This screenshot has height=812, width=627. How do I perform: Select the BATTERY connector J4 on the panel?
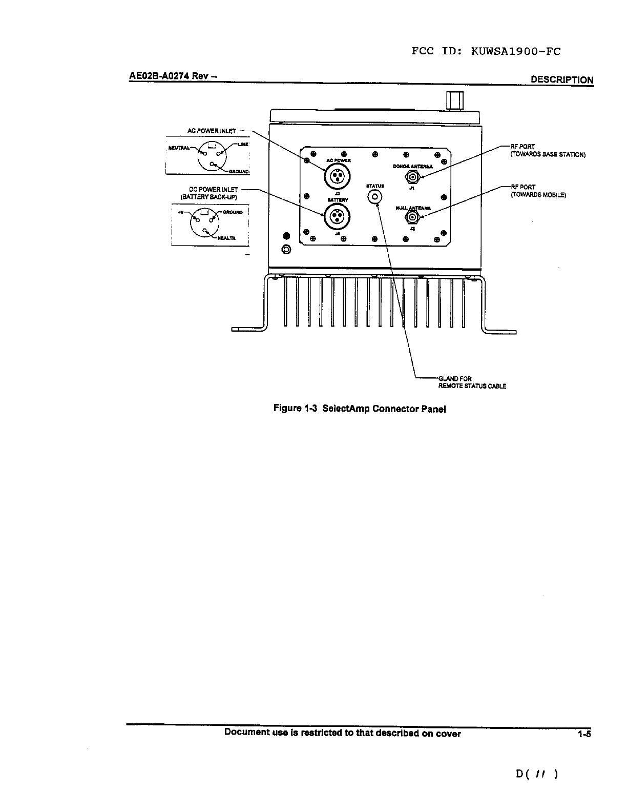point(336,216)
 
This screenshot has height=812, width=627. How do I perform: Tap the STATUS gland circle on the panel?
point(375,197)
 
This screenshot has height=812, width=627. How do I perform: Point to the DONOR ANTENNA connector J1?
point(412,177)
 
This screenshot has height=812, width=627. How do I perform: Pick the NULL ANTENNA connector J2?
point(412,217)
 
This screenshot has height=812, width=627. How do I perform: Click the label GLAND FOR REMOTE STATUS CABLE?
point(472,382)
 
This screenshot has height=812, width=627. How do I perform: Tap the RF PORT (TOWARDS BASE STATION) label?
point(547,150)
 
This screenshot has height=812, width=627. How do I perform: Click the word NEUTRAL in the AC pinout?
point(179,148)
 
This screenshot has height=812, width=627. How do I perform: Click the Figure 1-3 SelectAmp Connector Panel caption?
point(360,409)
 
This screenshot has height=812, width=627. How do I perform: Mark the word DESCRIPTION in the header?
point(562,80)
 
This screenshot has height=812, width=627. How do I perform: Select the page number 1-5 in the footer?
point(584,734)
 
